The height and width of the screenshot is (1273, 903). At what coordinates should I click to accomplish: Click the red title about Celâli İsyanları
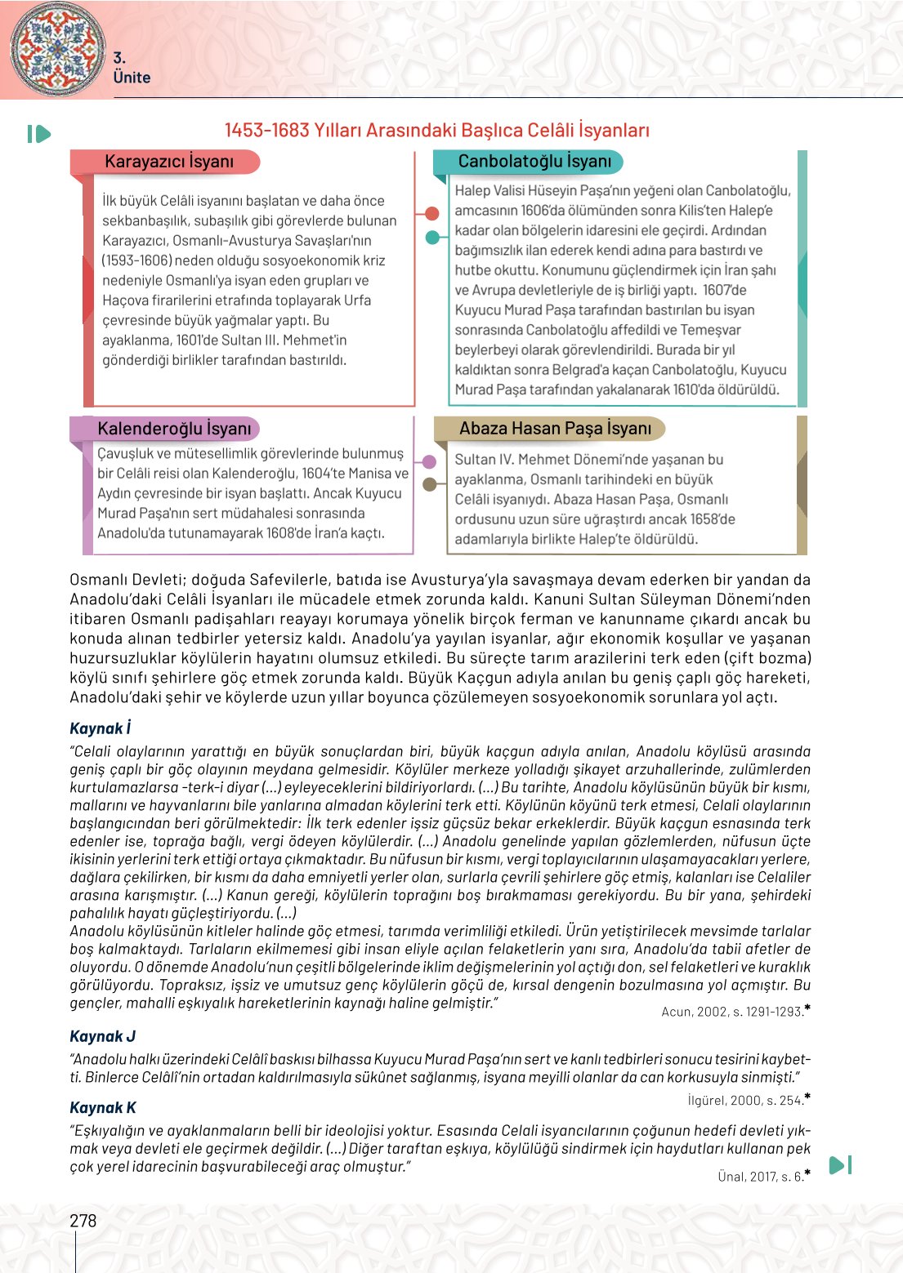coord(437,131)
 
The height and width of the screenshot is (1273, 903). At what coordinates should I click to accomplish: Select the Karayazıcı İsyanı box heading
coord(169,162)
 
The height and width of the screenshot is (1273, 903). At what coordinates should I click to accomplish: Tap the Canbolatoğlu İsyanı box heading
coord(534,162)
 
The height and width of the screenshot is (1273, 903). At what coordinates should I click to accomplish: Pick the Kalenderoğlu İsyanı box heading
coord(174,429)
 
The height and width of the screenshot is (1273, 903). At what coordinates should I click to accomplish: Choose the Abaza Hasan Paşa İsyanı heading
coord(555,429)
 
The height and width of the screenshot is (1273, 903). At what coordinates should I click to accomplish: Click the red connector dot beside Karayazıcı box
coord(432,214)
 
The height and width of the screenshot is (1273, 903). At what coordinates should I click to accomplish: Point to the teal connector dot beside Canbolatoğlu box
coord(432,238)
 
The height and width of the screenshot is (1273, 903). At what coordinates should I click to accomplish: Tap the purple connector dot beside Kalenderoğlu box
coord(429,462)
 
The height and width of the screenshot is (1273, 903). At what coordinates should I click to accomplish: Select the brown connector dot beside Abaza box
coord(429,484)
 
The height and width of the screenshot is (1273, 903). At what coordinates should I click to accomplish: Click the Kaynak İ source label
coord(100,728)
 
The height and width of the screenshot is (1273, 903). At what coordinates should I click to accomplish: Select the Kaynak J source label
coord(102,1036)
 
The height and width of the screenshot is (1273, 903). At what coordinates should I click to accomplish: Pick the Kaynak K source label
coord(102,1108)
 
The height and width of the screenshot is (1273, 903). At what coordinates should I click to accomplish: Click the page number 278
coord(83,1221)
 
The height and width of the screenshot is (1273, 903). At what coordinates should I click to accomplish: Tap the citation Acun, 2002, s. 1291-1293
coord(735,1012)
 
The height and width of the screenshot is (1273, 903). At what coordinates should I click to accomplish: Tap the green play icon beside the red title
coord(38,134)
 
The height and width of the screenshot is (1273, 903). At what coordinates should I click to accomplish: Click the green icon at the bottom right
coord(840,1165)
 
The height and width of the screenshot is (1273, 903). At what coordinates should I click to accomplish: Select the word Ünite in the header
coord(132,78)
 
